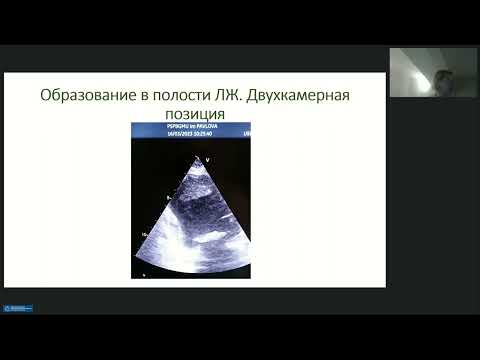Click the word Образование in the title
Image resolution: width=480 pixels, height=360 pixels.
pyautogui.click(x=88, y=96)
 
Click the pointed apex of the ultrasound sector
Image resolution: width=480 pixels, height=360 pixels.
pyautogui.click(x=197, y=160)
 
